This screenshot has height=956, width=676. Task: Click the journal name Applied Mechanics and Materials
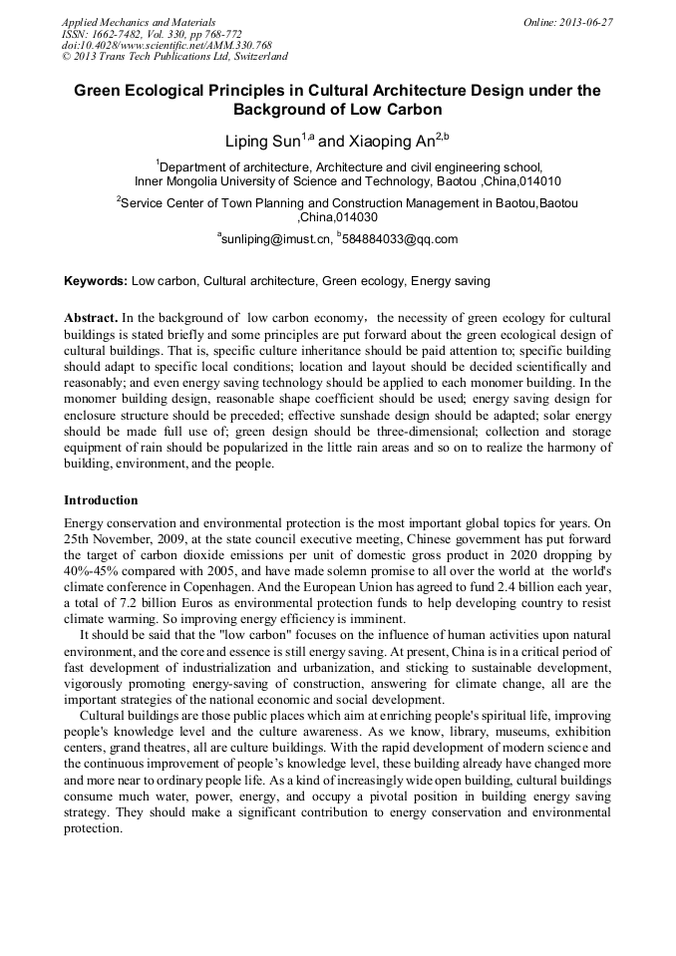coord(139,22)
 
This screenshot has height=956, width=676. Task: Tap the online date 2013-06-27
coord(587,22)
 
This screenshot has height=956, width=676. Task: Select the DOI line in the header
coord(167,46)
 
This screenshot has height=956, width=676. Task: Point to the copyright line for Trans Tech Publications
coord(174,57)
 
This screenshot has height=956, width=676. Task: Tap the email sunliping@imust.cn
coord(276,239)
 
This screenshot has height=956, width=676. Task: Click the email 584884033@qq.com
coord(399,239)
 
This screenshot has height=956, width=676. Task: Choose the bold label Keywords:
coord(96,282)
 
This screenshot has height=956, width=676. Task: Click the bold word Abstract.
coord(92,316)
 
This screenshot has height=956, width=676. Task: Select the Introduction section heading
coord(101,499)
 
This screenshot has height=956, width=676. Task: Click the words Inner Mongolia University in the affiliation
coord(211,182)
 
